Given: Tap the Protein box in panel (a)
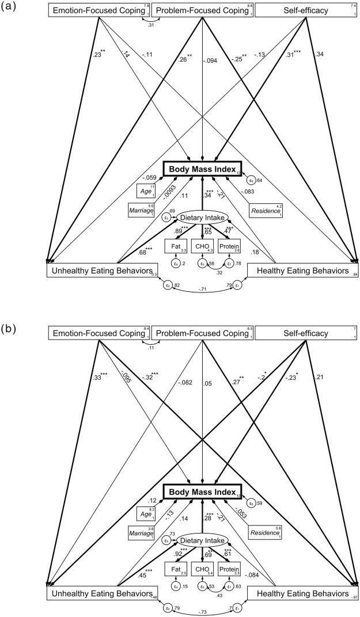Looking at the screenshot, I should [229, 246].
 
